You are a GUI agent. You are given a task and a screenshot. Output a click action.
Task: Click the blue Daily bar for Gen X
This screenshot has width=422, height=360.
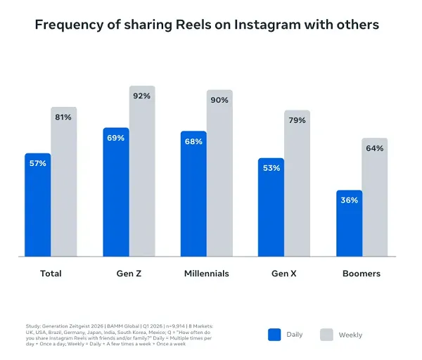click(271, 211)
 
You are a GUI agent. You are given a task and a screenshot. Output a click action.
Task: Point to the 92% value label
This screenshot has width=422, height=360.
click(142, 96)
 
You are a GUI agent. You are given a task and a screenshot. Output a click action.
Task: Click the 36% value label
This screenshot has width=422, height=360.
click(350, 200)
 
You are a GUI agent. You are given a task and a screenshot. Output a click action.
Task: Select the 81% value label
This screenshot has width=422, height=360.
click(63, 117)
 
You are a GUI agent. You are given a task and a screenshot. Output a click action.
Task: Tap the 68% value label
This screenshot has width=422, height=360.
click(194, 141)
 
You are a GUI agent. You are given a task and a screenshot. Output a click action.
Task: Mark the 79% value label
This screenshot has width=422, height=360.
click(298, 120)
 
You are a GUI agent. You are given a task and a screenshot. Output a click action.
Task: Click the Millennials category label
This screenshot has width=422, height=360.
click(206, 274)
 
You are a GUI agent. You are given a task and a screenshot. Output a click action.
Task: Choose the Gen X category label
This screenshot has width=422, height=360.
click(284, 274)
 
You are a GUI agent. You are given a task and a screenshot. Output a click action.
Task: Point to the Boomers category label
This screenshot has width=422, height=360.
click(362, 274)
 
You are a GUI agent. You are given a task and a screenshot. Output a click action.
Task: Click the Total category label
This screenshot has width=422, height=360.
click(51, 274)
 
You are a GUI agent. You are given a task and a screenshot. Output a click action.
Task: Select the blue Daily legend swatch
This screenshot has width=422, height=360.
click(275, 335)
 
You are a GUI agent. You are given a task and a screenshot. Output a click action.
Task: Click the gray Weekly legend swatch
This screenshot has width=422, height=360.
click(327, 335)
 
